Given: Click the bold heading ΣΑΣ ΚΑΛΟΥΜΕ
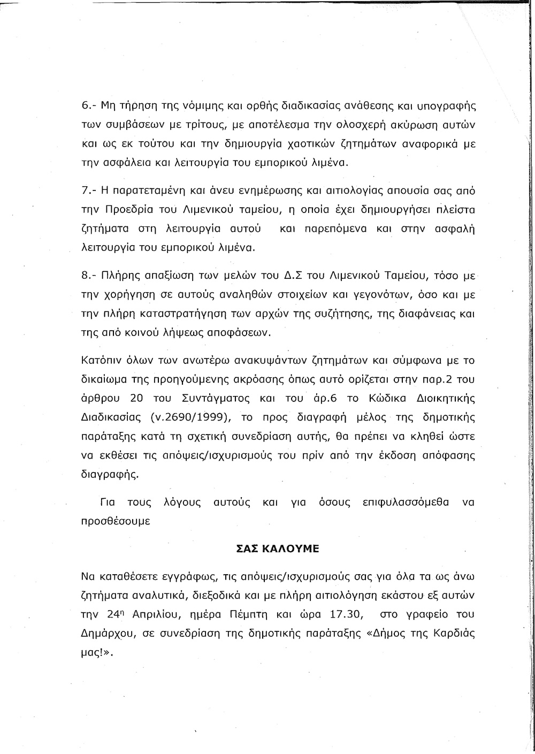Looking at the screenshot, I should coord(278,550).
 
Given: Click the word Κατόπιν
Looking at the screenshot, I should coord(97,360).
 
